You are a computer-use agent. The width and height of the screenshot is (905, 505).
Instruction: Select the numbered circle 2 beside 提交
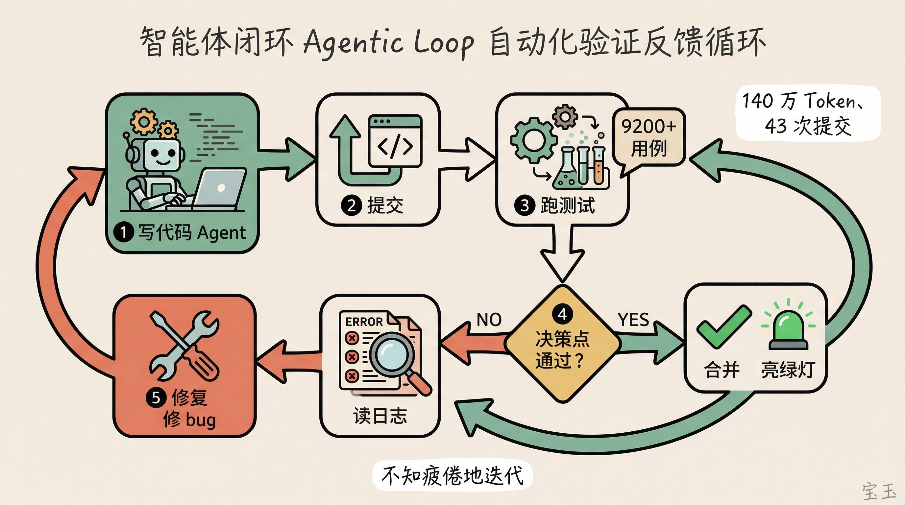coord(351,205)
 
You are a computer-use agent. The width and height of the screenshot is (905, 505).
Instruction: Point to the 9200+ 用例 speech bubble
coord(648,137)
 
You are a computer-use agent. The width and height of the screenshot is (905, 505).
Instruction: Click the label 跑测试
coord(567,205)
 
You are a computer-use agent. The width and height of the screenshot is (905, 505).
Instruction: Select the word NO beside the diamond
coord(489,320)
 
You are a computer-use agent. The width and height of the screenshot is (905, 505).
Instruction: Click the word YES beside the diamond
coord(633,320)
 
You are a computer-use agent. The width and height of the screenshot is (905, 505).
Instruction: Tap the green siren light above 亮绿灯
coord(788,330)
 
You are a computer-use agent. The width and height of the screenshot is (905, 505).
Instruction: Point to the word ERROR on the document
coord(364,322)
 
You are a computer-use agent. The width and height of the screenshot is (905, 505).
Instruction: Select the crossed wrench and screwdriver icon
coord(184,346)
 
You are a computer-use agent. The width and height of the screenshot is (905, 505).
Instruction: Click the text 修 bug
coord(189,419)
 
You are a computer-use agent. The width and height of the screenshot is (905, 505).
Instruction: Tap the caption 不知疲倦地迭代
coord(452,475)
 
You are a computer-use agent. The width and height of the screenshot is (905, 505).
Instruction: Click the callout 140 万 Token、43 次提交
coord(807,113)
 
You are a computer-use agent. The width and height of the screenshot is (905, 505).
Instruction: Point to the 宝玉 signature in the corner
coord(879,491)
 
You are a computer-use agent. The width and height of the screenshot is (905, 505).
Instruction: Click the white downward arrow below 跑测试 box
coord(562,256)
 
